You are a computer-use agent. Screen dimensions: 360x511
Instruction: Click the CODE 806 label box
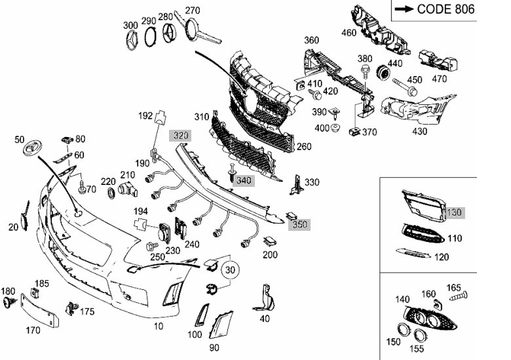point(434,9)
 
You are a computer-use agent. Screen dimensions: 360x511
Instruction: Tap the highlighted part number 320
point(180,136)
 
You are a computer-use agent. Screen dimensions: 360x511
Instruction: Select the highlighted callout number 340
point(244,180)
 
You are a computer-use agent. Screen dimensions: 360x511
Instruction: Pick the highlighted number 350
point(300,224)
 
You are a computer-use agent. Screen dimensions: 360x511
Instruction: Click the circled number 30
point(229,270)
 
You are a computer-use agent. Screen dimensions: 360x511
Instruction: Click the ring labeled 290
point(150,38)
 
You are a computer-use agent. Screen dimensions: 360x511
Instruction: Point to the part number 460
point(349,31)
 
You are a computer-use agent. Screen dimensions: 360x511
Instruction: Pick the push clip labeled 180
point(9,302)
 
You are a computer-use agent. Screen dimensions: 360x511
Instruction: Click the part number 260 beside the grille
point(304,146)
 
